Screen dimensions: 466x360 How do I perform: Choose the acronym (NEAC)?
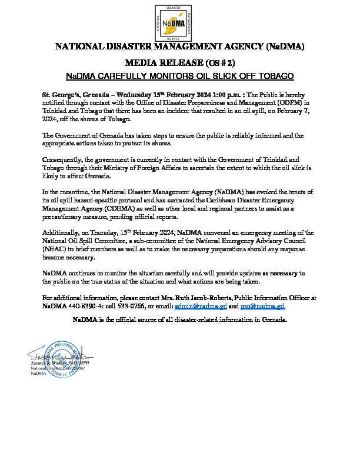coord(56,248)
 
